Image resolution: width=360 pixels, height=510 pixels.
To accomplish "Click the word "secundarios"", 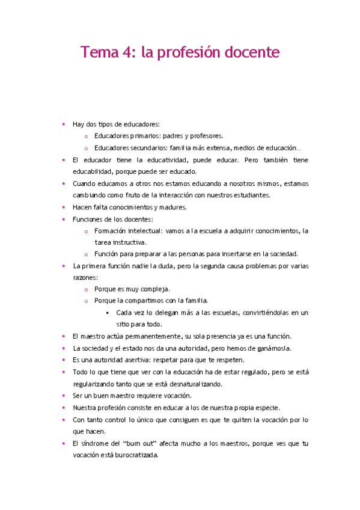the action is [150, 148].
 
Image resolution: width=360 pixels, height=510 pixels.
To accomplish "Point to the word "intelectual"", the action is [141, 230].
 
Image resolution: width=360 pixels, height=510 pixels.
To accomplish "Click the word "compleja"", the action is [154, 289].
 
